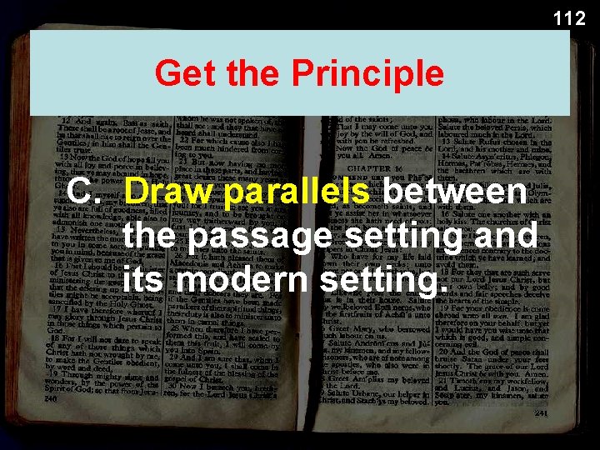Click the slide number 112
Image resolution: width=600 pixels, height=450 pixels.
pyautogui.click(x=569, y=17)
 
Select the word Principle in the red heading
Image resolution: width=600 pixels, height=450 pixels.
pyautogui.click(x=368, y=73)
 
